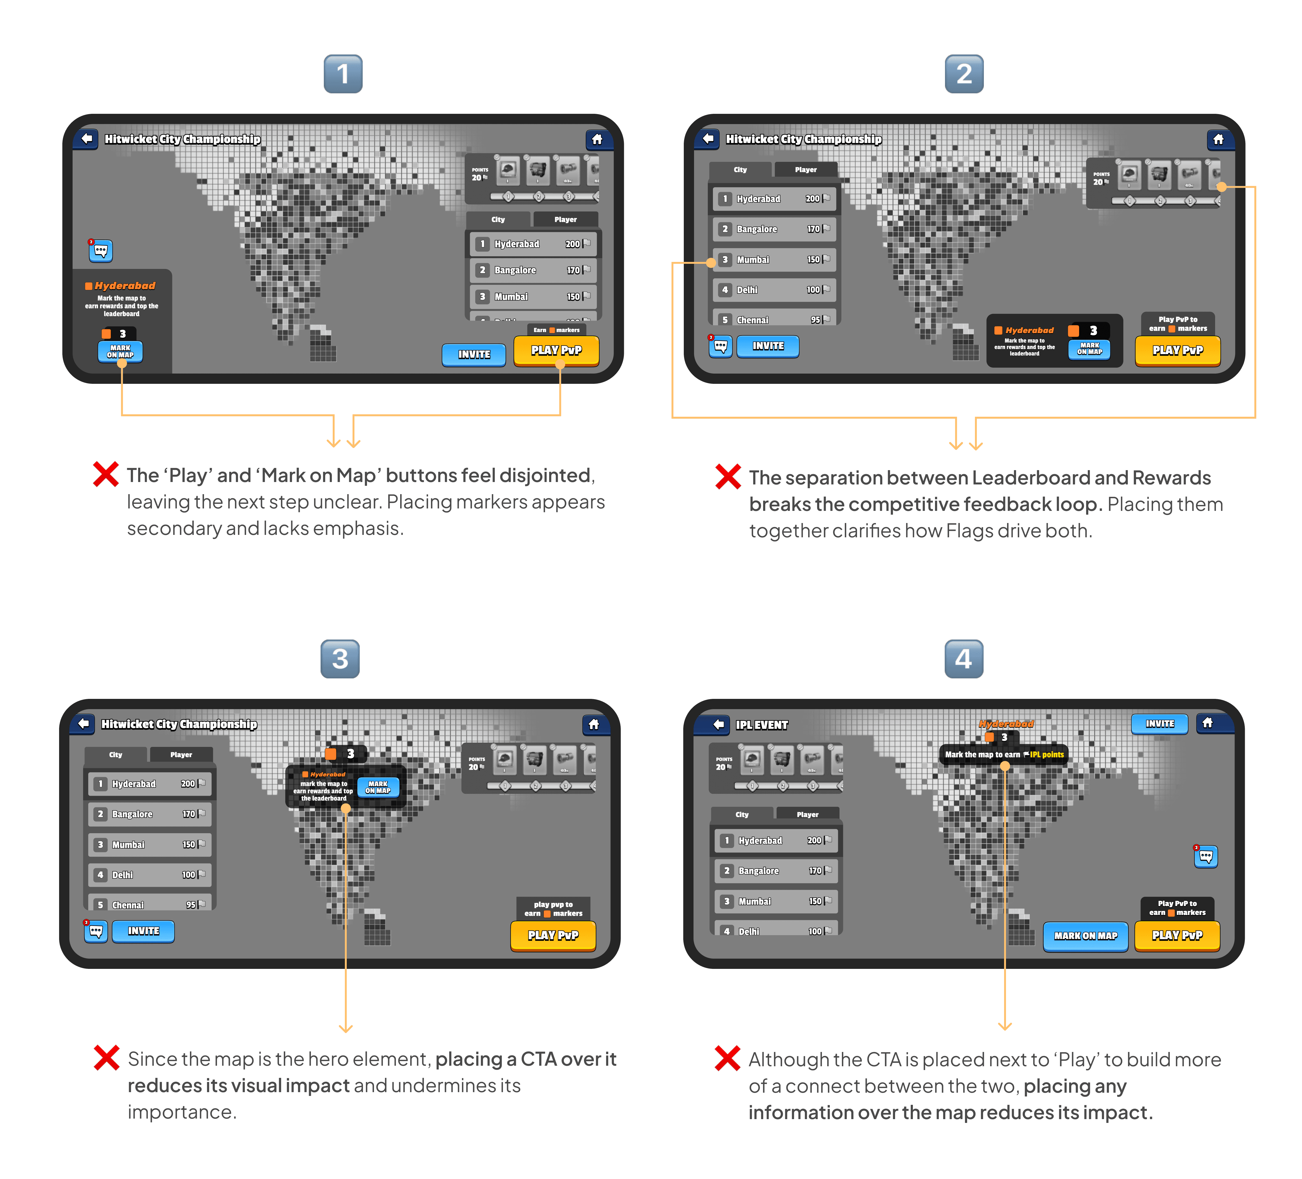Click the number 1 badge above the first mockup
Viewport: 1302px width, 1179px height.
[343, 74]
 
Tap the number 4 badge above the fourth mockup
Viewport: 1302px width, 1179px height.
[964, 659]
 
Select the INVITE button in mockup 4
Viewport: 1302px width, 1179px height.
[1159, 724]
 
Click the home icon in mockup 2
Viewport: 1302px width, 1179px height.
[1218, 139]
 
